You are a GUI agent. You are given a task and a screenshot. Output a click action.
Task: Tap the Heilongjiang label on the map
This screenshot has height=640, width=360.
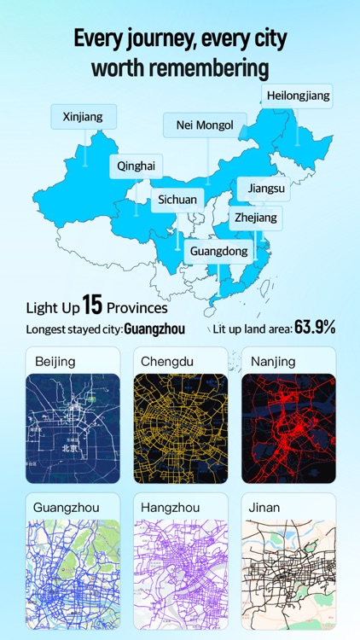[297, 96]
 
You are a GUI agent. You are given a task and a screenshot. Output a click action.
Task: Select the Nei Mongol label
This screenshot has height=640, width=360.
[205, 125]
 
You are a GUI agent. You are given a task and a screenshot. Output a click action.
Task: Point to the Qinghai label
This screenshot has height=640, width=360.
[136, 166]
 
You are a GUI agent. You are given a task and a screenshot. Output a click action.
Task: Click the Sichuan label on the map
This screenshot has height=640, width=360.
[177, 200]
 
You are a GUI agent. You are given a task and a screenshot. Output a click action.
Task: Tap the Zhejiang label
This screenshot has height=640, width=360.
[256, 218]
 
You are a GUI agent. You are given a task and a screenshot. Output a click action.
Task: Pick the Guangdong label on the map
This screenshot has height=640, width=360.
[218, 251]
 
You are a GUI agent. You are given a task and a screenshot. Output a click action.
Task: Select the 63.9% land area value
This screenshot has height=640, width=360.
[315, 327]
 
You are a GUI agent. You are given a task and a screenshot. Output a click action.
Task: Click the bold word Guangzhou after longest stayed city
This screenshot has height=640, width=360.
[154, 328]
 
